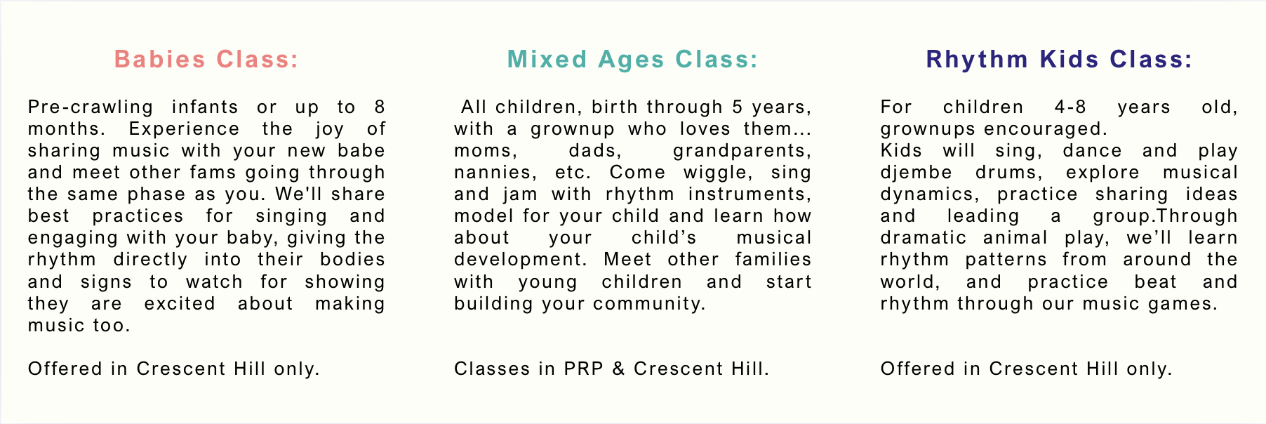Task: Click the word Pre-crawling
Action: (91, 107)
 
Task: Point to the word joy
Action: (330, 130)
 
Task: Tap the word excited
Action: (180, 304)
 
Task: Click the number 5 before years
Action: (737, 107)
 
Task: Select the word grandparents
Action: (742, 151)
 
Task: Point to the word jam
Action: (520, 194)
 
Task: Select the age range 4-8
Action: (1070, 107)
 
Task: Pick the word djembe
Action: (917, 173)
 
